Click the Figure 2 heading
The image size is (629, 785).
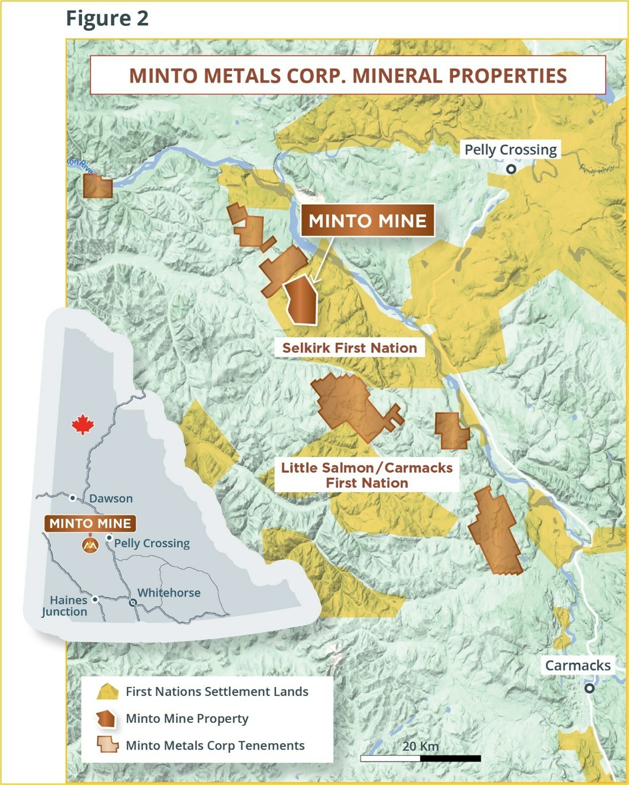pos(107,18)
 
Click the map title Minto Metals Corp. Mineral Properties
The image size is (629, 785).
pos(348,76)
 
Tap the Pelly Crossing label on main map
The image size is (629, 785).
pos(510,149)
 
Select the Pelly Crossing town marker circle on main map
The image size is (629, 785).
pos(511,169)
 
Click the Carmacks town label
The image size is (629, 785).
pos(577,665)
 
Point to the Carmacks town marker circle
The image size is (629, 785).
pos(589,688)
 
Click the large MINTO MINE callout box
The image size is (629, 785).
pos(367,220)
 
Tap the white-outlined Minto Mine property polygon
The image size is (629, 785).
pos(302,300)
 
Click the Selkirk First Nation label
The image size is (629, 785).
pos(349,348)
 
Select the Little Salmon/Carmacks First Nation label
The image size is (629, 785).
pos(367,475)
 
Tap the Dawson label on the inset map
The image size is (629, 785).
pos(111,498)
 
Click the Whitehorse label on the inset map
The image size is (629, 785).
pos(169,592)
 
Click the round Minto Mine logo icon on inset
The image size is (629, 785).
pos(90,546)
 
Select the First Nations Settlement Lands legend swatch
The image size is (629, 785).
pos(107,692)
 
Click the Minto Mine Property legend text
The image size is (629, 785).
pos(187,718)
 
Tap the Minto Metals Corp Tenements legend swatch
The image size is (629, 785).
pos(107,745)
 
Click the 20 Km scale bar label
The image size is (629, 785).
pos(420,746)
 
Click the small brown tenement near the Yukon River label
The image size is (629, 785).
pos(97,186)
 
